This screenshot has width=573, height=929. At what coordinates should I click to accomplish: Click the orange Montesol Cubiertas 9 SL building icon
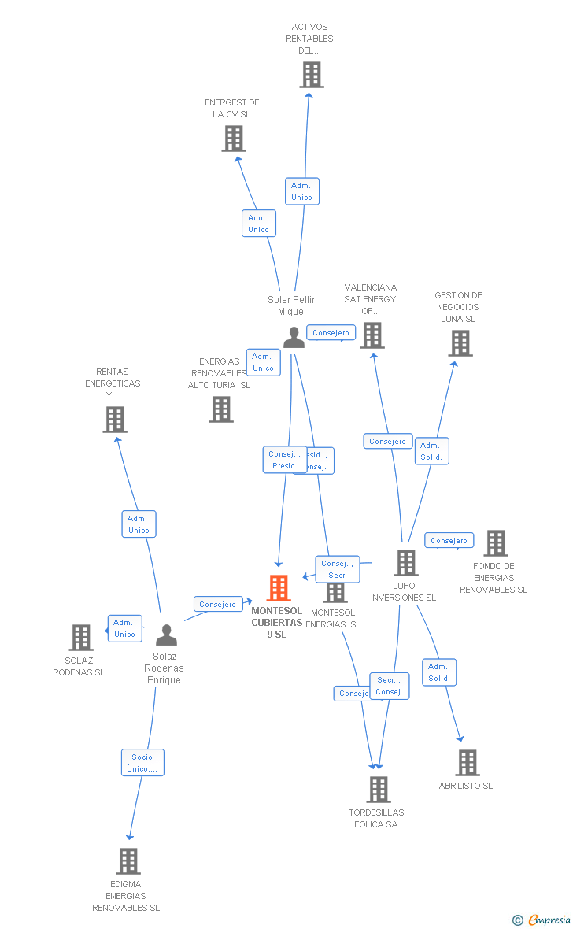click(x=279, y=588)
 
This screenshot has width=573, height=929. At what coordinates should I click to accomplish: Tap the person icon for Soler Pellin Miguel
click(x=294, y=337)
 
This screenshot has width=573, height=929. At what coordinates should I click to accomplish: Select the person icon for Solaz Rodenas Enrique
click(x=166, y=635)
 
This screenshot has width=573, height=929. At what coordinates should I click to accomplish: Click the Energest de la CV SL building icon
click(x=233, y=139)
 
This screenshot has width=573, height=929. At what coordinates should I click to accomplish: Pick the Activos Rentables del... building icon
click(x=312, y=75)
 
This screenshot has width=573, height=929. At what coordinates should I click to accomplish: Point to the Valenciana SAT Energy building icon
click(x=372, y=335)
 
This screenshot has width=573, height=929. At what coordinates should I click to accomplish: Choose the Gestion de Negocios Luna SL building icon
click(x=460, y=343)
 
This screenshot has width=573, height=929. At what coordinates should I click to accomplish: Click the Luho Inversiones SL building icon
click(x=405, y=563)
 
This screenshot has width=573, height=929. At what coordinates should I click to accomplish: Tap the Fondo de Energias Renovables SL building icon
click(x=495, y=543)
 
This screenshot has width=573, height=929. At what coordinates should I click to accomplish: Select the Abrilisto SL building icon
click(x=467, y=762)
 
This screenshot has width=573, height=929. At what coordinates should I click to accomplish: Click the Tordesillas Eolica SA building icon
click(x=379, y=789)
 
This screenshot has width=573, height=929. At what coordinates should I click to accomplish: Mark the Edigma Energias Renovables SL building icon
click(x=128, y=861)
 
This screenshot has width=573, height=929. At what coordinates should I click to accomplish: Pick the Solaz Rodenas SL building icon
click(x=81, y=637)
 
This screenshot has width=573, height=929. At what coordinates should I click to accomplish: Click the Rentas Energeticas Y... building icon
click(x=115, y=420)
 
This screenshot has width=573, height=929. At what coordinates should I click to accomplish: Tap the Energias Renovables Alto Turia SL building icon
click(x=221, y=409)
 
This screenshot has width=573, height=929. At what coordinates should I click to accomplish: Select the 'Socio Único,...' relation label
click(x=142, y=762)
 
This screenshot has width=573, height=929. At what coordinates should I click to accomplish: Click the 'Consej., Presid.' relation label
click(x=284, y=460)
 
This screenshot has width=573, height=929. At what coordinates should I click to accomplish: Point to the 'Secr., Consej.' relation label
click(x=389, y=686)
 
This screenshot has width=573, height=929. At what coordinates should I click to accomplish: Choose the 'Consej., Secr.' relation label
click(x=338, y=568)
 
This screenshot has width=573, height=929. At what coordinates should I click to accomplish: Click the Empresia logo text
click(x=549, y=920)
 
